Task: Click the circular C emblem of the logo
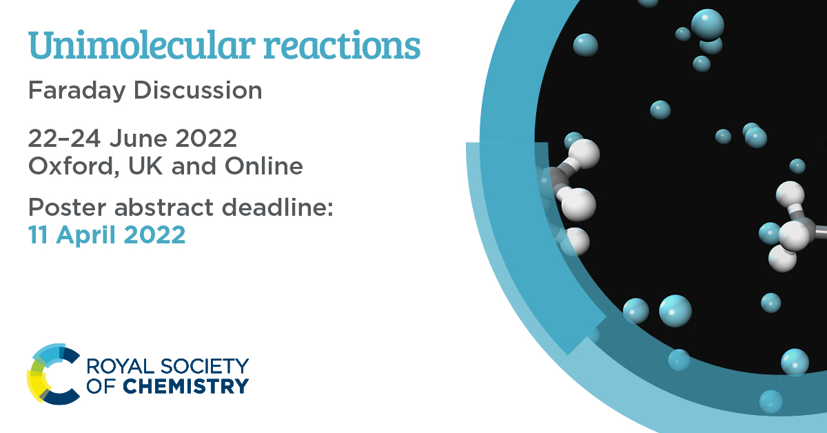pyautogui.click(x=54, y=374)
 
